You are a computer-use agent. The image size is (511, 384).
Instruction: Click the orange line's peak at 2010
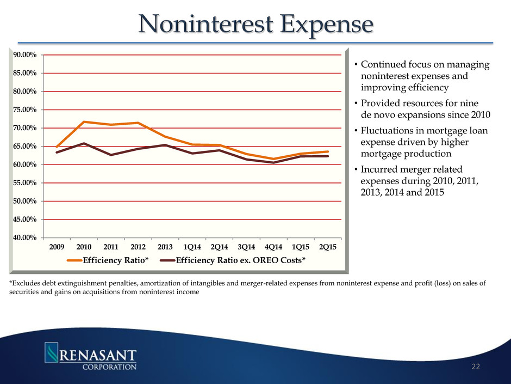(83, 121)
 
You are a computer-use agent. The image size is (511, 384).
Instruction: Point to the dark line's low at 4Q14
(273, 162)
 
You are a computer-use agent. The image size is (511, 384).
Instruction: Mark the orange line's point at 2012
(138, 123)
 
